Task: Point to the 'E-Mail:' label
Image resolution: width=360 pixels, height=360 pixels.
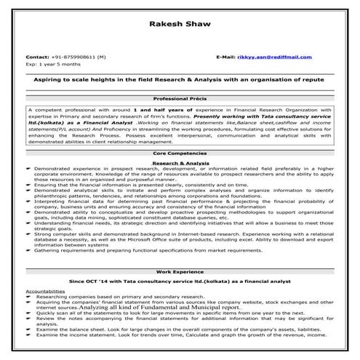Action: point(226,56)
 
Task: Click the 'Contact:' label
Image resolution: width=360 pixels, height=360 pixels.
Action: point(37,56)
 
